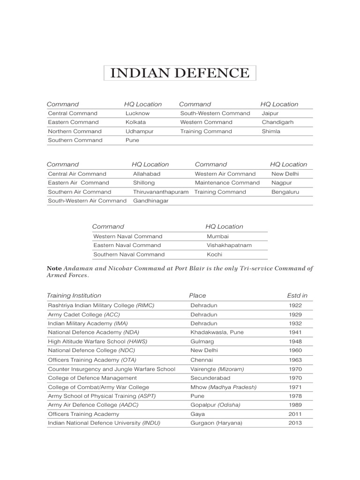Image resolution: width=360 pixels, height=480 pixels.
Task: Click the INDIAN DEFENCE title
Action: click(180, 74)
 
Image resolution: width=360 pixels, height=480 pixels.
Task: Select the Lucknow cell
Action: click(137, 113)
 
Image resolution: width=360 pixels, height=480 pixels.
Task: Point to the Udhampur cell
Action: click(139, 131)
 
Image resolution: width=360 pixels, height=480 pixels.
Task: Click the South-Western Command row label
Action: click(215, 113)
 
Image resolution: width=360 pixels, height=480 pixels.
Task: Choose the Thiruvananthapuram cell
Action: click(161, 192)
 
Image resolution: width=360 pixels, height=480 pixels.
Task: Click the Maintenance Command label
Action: click(227, 183)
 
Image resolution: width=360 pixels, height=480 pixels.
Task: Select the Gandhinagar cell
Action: click(150, 201)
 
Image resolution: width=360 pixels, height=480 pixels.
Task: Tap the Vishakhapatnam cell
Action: click(229, 245)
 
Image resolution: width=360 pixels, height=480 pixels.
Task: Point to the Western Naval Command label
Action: click(127, 236)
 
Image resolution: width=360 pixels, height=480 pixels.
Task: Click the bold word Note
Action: click(54, 269)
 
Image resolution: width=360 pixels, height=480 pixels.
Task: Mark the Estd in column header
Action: click(297, 296)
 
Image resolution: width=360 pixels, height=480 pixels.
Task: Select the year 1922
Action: click(296, 305)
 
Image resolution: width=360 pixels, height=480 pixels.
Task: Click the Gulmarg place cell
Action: click(202, 341)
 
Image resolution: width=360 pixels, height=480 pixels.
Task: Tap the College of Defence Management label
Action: click(92, 378)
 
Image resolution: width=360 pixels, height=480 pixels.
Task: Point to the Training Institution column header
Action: click(74, 296)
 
